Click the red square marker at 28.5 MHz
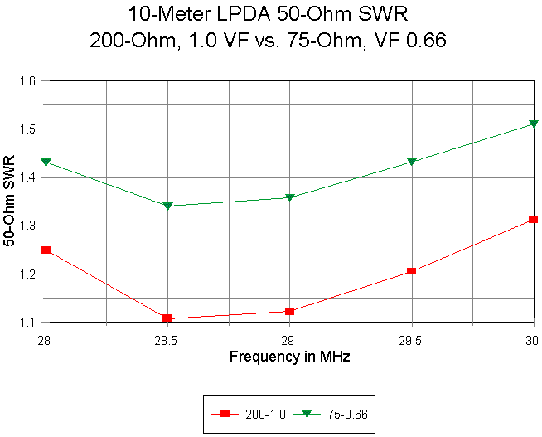tap(167, 318)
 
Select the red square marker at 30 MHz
tap(534, 220)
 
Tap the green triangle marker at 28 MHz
tap(46, 162)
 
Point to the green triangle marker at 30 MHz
tap(534, 125)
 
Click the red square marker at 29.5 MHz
tap(412, 271)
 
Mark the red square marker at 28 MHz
tap(46, 250)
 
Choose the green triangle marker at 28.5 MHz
tap(167, 206)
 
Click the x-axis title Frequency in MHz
tap(289, 357)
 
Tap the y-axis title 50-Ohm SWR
tap(9, 202)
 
